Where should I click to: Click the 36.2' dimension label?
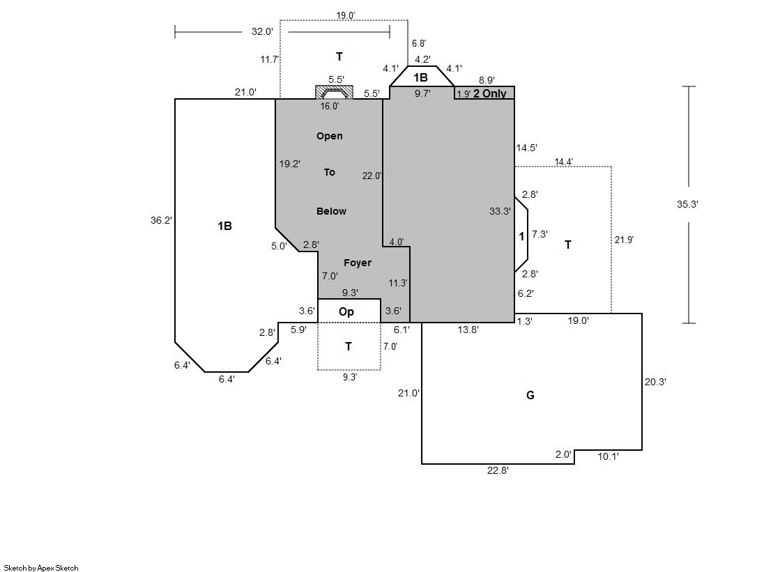[x=161, y=220]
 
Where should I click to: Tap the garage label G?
[x=530, y=396]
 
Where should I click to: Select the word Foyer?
[x=358, y=263]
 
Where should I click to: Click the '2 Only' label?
[x=490, y=93]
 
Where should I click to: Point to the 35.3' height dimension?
[x=687, y=204]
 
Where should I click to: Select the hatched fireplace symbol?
[x=334, y=92]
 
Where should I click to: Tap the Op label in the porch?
[x=346, y=311]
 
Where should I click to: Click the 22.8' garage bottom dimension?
[x=498, y=470]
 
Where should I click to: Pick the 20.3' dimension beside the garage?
[x=656, y=382]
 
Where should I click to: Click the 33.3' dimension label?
[x=500, y=211]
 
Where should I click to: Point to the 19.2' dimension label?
[x=289, y=164]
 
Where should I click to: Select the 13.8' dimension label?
[x=468, y=330]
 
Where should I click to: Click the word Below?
[x=331, y=211]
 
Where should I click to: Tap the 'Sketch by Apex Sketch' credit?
[x=40, y=568]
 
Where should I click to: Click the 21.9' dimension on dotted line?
[x=624, y=240]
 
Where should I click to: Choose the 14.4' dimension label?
[x=564, y=162]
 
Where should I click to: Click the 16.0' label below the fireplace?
[x=330, y=107]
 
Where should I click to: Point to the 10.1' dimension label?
[x=609, y=456]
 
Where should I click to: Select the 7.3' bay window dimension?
[x=540, y=235]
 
